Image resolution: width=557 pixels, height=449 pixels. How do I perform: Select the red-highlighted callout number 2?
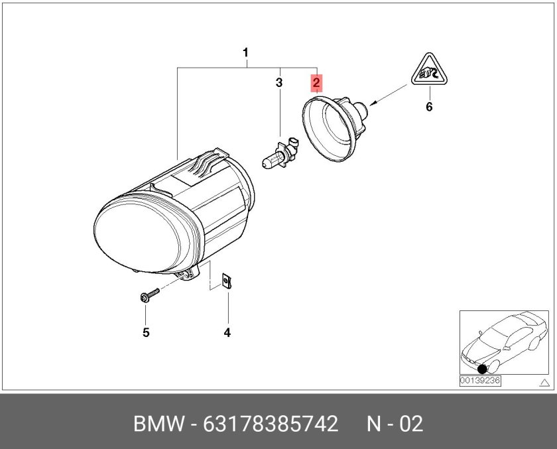(317, 83)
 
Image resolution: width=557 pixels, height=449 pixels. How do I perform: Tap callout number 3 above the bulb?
(279, 83)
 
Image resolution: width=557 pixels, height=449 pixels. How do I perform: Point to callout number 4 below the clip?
(227, 332)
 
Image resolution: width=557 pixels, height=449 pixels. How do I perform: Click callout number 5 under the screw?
(146, 332)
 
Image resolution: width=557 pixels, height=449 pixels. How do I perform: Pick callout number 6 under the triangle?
(429, 107)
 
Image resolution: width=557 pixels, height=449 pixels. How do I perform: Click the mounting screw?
(149, 295)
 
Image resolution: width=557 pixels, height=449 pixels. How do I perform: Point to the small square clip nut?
(227, 283)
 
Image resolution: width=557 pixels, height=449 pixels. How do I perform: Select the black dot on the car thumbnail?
(482, 369)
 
